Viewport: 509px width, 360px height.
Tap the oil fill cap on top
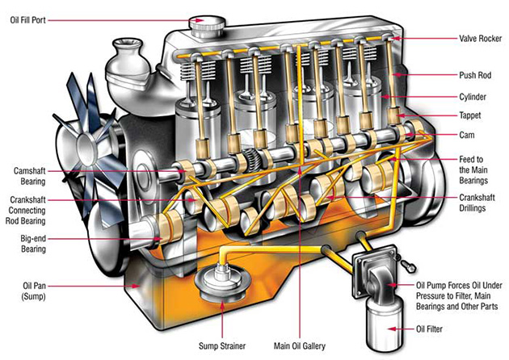point(200,23)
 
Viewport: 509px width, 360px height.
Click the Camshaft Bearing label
point(33,176)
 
